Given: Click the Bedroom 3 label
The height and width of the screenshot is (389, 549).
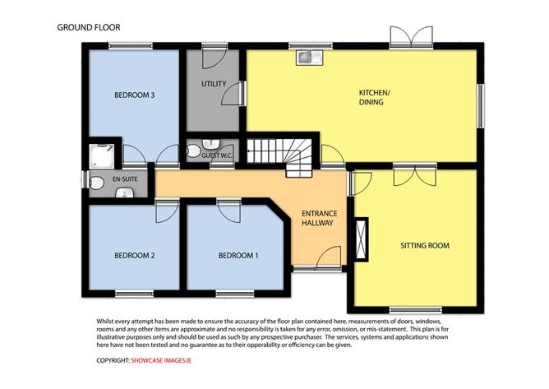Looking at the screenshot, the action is [135, 95].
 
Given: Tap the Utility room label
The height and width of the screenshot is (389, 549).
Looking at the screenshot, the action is [214, 84].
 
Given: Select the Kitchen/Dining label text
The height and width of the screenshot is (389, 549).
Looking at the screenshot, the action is [374, 97].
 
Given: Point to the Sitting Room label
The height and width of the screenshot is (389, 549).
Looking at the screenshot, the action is [425, 246].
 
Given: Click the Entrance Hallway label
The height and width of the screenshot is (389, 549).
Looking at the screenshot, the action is [317, 218].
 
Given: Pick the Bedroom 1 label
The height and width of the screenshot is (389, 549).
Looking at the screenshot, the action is [238, 256].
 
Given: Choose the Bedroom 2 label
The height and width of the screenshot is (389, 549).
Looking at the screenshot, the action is [135, 256].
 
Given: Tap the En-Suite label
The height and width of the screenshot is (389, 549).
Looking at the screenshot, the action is [125, 179].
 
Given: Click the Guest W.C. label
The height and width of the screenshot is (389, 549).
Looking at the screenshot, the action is [217, 155].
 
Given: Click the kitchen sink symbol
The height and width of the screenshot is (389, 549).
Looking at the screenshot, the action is [310, 58].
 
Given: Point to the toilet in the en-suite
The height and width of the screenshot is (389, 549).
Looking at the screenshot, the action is [97, 183].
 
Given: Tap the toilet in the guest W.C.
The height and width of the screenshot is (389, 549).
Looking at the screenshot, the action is [193, 151].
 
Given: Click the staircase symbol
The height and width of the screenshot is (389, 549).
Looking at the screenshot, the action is [280, 154].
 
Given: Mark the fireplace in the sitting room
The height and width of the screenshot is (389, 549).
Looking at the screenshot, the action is [362, 239].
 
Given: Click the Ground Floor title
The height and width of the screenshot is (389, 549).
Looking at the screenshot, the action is [89, 27].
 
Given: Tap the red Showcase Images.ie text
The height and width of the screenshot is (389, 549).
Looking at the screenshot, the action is [161, 360].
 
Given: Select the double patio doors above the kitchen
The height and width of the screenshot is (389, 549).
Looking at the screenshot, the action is [412, 36].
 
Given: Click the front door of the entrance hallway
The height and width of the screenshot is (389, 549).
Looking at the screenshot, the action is [329, 257].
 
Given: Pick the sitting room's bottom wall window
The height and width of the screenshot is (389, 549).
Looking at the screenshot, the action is [416, 310].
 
